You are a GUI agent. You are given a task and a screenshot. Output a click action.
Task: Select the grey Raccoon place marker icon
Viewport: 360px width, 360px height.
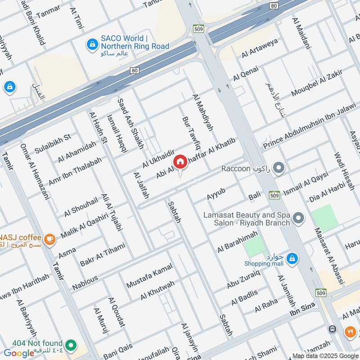pos(279,169)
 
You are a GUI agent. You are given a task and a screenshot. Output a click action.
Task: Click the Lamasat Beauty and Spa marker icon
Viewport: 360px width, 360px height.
pos(298,219)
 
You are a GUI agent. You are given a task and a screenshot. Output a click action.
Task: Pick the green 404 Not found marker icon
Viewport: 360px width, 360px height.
pos(70,345)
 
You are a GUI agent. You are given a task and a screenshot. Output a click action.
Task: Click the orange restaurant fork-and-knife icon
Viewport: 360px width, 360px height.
pos(350,332)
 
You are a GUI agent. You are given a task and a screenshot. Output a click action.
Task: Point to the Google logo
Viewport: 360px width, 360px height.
pos(19,353)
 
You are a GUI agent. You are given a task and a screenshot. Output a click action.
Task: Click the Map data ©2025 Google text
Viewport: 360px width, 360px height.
pos(325,355)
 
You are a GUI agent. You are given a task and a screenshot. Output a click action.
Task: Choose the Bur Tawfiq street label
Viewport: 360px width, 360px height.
pos(190,133)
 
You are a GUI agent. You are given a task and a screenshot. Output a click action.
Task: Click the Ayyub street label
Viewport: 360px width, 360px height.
pos(215,196)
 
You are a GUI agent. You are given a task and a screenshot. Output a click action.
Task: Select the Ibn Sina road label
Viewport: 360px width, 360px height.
pos(301,311)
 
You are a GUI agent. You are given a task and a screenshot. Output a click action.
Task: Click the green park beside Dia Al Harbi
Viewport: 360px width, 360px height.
pos(324,217)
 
